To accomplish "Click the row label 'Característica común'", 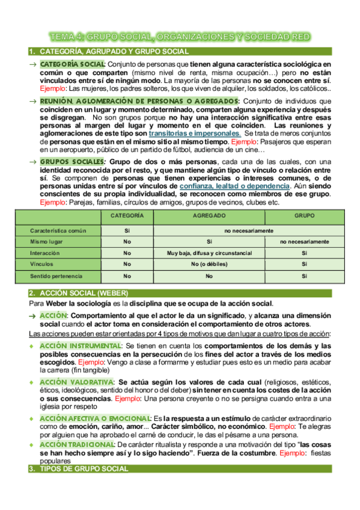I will [x=59, y=230].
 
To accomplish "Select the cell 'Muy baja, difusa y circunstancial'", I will [x=209, y=253].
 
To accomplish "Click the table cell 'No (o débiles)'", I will [x=209, y=265].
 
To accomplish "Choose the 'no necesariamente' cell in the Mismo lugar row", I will [x=305, y=242].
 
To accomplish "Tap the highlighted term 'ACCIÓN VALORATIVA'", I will [x=76, y=382].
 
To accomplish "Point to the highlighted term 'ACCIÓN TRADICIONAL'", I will [x=77, y=444].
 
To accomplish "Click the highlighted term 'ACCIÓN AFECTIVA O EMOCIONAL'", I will [x=94, y=418].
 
